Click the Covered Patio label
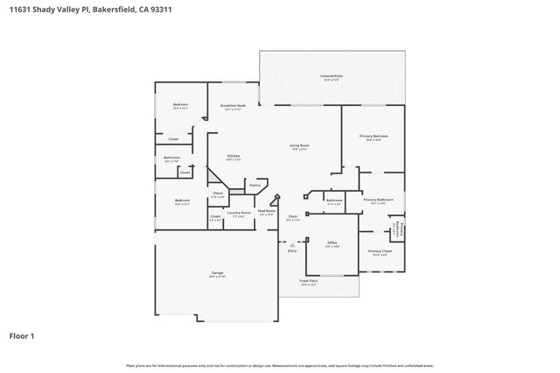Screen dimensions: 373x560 332,76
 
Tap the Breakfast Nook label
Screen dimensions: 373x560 233,107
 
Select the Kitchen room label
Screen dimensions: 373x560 234,157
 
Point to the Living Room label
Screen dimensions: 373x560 300,146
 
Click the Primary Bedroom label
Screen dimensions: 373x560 374,137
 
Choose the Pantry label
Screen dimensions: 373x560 255,185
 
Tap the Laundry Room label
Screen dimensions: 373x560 239,213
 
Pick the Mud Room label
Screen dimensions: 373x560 267,212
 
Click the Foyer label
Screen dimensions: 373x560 293,216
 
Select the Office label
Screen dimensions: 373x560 332,243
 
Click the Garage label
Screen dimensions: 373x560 217,273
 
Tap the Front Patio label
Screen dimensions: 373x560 308,281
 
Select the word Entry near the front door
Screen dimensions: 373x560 291,251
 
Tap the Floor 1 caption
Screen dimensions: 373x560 23,335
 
